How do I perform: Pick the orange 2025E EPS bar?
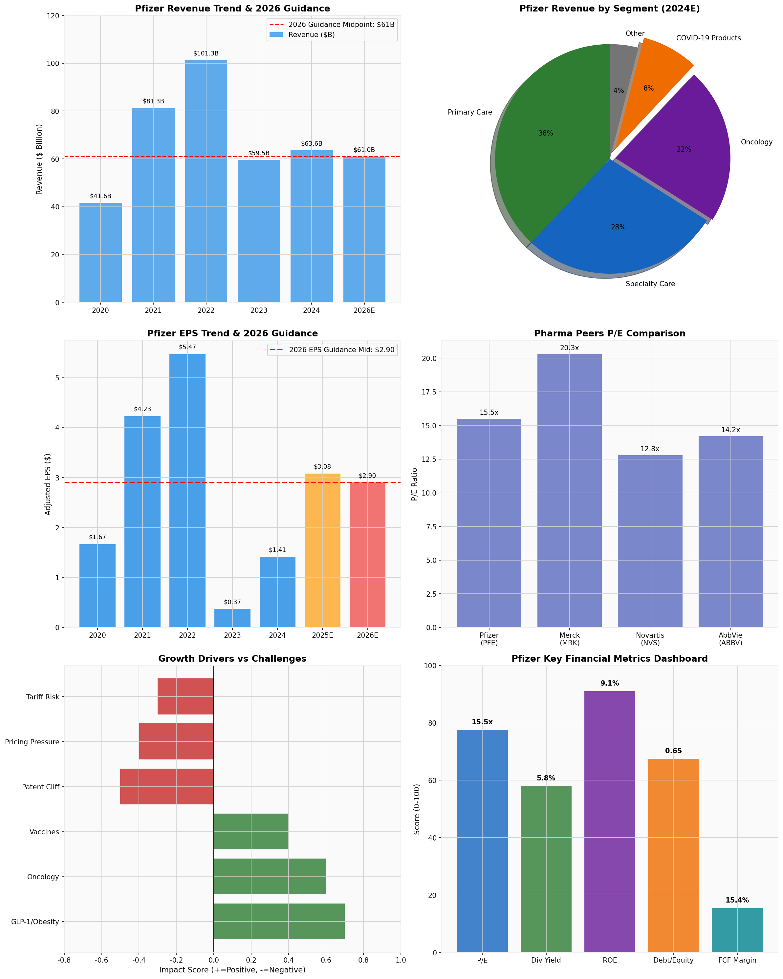[x=322, y=550]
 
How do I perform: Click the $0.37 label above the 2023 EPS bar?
[x=232, y=602]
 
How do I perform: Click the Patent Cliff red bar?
[x=167, y=786]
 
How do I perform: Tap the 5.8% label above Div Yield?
[x=546, y=778]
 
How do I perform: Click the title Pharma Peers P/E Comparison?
[x=610, y=334]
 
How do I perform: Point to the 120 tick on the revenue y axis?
[x=53, y=16]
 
